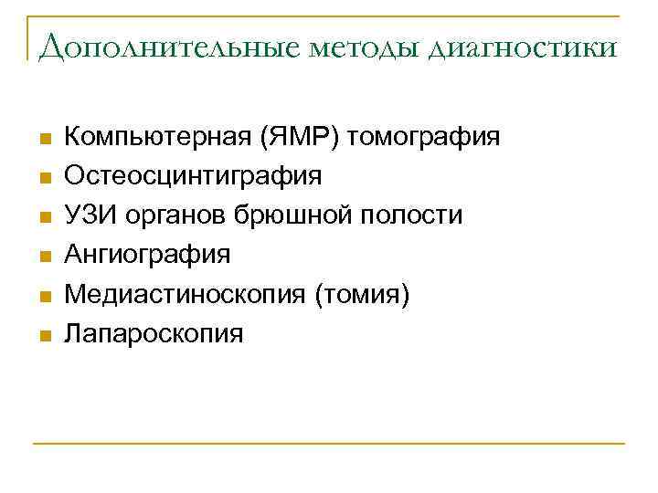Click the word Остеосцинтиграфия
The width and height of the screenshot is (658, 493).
point(192,176)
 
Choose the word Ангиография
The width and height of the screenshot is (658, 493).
point(146,255)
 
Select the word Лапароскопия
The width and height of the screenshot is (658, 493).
point(153,333)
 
